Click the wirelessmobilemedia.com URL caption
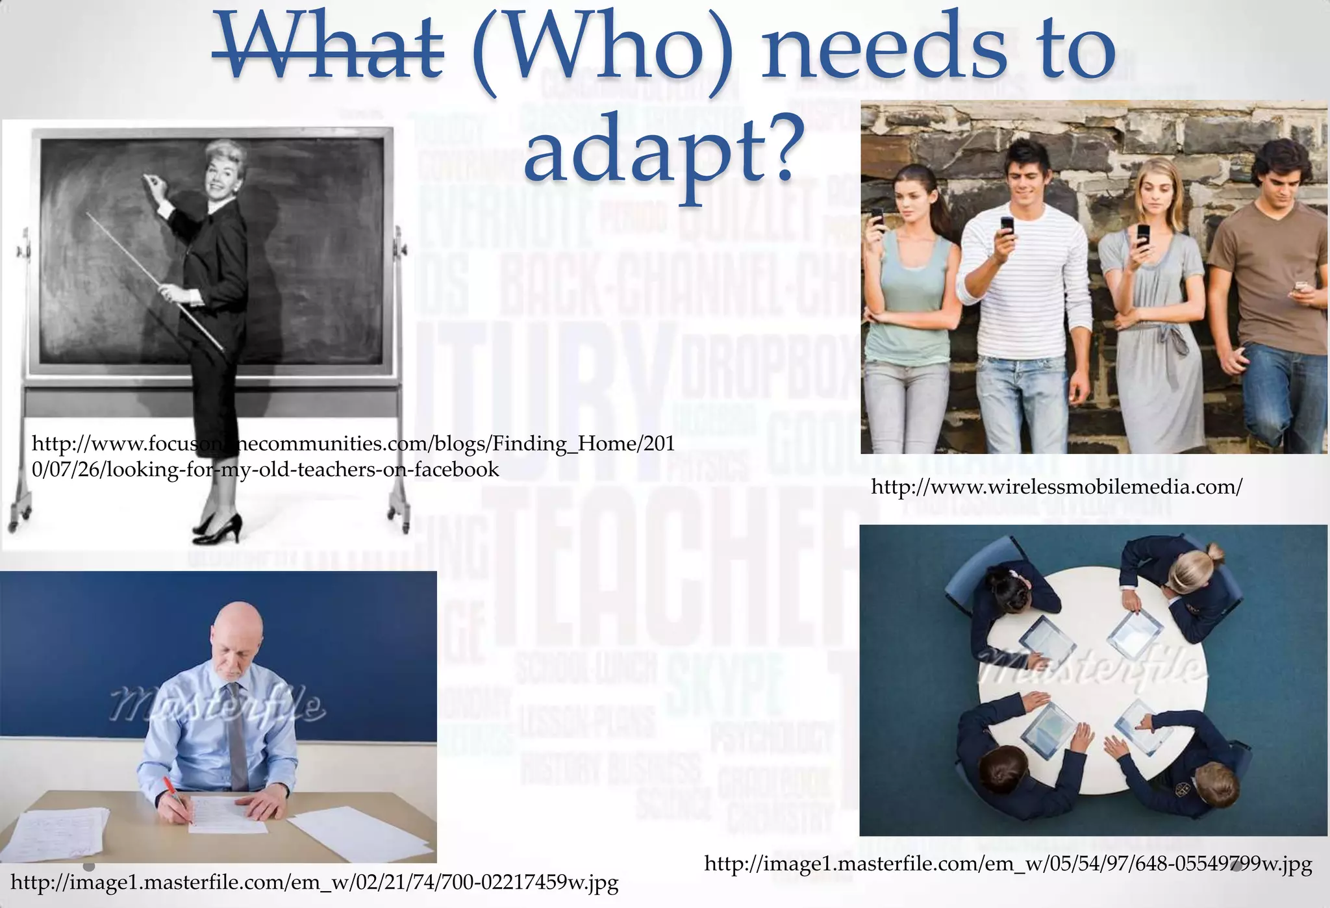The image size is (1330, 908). tap(1056, 486)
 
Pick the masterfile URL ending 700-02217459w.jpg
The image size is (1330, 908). tap(314, 882)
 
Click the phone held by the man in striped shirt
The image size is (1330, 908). tap(1007, 226)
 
